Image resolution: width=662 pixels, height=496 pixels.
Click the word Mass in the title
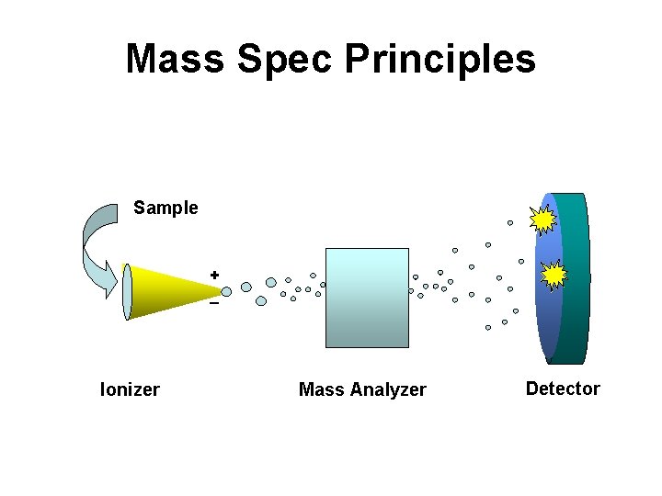(x=175, y=59)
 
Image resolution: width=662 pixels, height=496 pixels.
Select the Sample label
(x=165, y=208)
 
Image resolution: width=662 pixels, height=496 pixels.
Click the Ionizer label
(x=130, y=389)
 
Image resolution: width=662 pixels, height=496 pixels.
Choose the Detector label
(x=562, y=389)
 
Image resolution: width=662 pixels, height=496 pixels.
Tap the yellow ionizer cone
(x=170, y=289)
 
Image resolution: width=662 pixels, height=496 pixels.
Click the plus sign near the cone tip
(x=214, y=275)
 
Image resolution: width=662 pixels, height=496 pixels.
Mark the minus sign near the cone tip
(x=213, y=303)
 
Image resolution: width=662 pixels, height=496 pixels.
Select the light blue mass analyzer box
(x=367, y=298)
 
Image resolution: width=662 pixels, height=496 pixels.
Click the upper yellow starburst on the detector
(x=543, y=219)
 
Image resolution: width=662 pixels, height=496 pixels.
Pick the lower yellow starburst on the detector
(x=554, y=275)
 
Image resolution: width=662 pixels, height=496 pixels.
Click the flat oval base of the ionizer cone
(x=127, y=292)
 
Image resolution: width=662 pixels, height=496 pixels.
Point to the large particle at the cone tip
(x=226, y=292)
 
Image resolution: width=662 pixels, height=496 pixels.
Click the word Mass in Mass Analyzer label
(x=317, y=390)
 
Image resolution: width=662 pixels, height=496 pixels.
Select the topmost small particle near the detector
(x=510, y=222)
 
